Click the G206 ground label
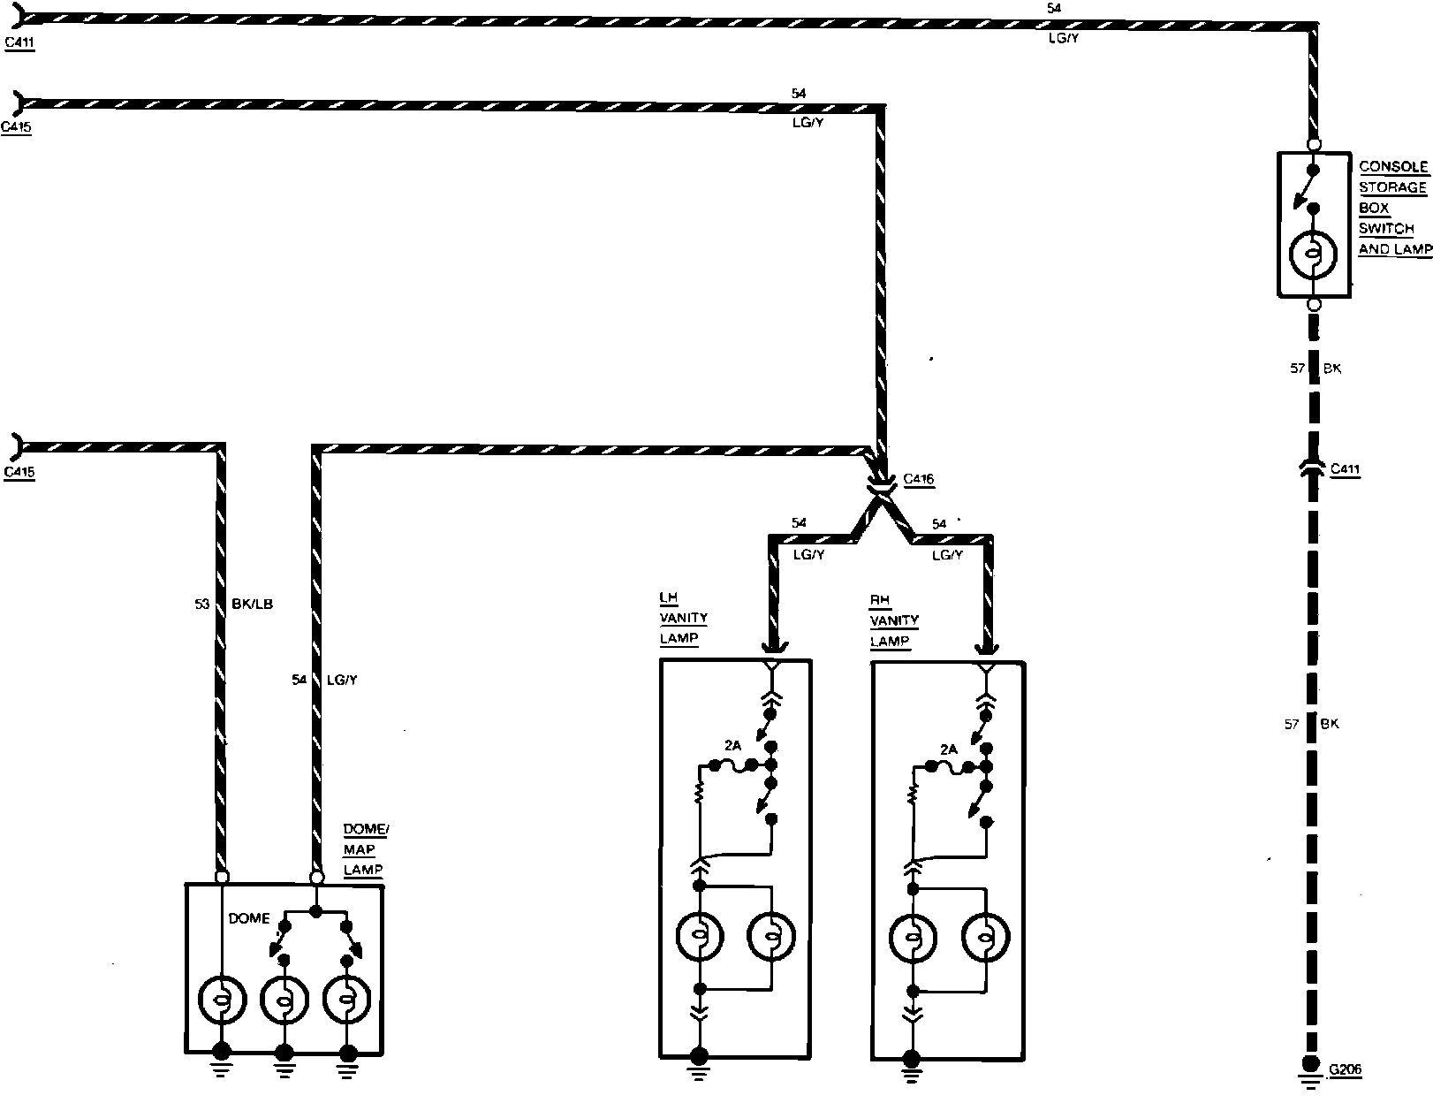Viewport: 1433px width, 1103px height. pyautogui.click(x=1346, y=1070)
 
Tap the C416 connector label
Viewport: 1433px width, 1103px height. pyautogui.click(x=918, y=480)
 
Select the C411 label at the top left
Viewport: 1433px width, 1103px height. pyautogui.click(x=19, y=42)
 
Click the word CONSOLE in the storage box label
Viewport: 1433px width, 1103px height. pyautogui.click(x=1393, y=166)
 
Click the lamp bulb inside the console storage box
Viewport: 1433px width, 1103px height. pyautogui.click(x=1314, y=255)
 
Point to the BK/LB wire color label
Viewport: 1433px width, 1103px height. pyautogui.click(x=252, y=605)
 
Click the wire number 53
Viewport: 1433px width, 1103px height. pyautogui.click(x=202, y=605)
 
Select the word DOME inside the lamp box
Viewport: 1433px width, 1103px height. pyautogui.click(x=249, y=918)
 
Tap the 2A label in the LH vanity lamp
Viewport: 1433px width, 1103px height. pyautogui.click(x=732, y=746)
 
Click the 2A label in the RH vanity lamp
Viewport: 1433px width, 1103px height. pyautogui.click(x=949, y=749)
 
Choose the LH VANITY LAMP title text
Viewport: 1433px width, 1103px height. pyautogui.click(x=683, y=619)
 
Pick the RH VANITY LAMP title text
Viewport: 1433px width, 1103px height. pyautogui.click(x=894, y=621)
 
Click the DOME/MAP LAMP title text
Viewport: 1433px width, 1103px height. pyautogui.click(x=365, y=849)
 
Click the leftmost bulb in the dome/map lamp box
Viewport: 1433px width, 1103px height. pyautogui.click(x=222, y=999)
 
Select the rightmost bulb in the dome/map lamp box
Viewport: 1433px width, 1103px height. pyautogui.click(x=346, y=1000)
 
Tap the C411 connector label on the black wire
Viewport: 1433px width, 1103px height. pyautogui.click(x=1345, y=470)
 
